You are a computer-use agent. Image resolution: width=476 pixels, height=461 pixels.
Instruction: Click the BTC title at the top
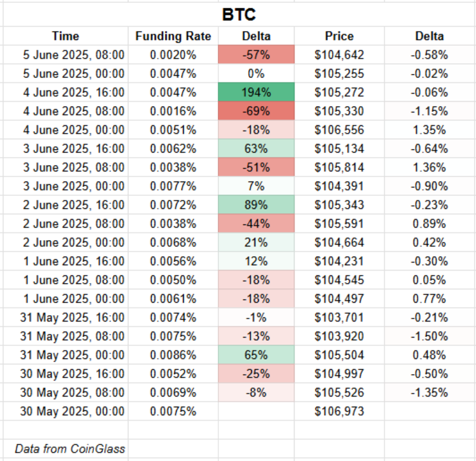[x=239, y=15]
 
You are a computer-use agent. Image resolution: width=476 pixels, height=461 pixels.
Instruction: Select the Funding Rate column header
[x=173, y=36]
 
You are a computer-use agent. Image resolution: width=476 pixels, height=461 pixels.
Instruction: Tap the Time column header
[x=65, y=36]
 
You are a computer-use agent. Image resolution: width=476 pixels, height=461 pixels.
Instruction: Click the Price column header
[x=339, y=36]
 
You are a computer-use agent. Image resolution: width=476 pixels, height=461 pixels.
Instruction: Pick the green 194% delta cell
[x=256, y=92]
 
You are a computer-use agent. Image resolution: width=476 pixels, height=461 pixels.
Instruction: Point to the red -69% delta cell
[x=256, y=111]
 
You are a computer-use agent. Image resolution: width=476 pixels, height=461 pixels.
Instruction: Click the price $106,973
[x=339, y=412]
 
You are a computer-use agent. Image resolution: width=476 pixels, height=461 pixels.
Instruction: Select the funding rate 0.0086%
[x=173, y=355]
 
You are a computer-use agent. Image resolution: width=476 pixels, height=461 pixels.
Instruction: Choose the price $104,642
[x=339, y=55]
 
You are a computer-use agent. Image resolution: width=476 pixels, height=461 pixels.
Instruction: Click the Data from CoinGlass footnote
[x=70, y=448]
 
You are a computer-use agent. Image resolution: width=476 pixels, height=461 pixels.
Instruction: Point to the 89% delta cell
[x=256, y=205]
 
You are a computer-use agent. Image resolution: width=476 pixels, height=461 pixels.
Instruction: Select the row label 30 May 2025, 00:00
[x=73, y=412]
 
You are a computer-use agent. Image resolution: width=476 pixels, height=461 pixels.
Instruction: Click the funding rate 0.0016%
[x=173, y=111]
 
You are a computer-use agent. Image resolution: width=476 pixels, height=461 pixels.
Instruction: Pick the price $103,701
[x=339, y=317]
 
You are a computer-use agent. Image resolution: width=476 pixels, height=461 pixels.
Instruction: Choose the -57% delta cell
[x=256, y=55]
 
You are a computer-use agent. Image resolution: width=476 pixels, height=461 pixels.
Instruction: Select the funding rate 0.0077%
[x=173, y=186]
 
